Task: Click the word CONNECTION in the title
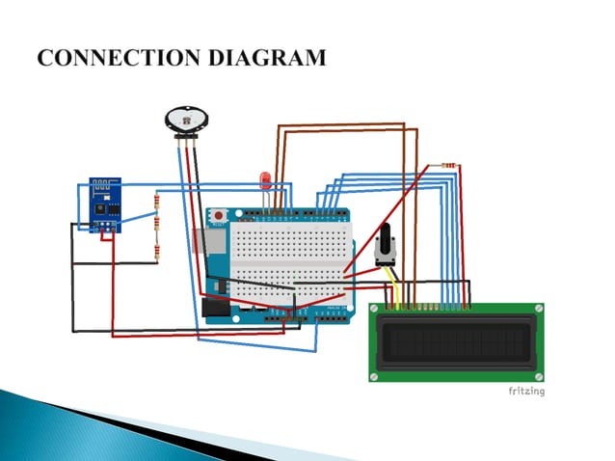tap(106, 58)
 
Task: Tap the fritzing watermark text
tap(526, 391)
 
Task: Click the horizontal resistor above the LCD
tap(445, 166)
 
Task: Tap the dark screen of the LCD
tap(457, 342)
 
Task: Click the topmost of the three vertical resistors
tap(156, 202)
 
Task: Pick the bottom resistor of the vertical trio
tap(156, 253)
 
